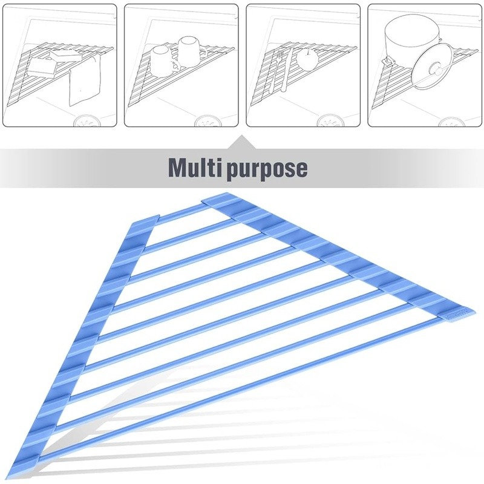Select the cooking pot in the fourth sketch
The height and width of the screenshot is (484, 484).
408,38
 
